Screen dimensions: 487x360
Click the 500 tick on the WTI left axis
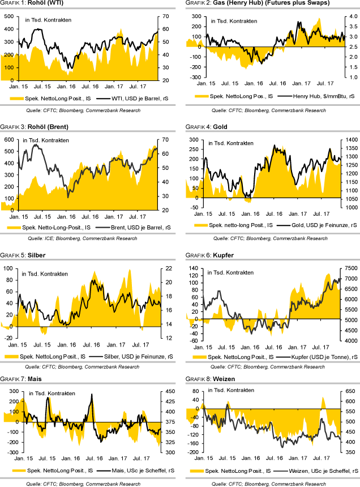pyautogui.click(x=10, y=16)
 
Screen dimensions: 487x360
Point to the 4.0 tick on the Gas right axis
pyautogui.click(x=347, y=16)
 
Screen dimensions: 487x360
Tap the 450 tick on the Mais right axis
pyautogui.click(x=169, y=391)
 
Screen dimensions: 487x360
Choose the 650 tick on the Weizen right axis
pyautogui.click(x=349, y=391)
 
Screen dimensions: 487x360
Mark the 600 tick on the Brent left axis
pyautogui.click(x=9, y=139)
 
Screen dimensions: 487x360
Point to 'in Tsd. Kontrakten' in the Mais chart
pyautogui.click(x=52, y=394)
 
